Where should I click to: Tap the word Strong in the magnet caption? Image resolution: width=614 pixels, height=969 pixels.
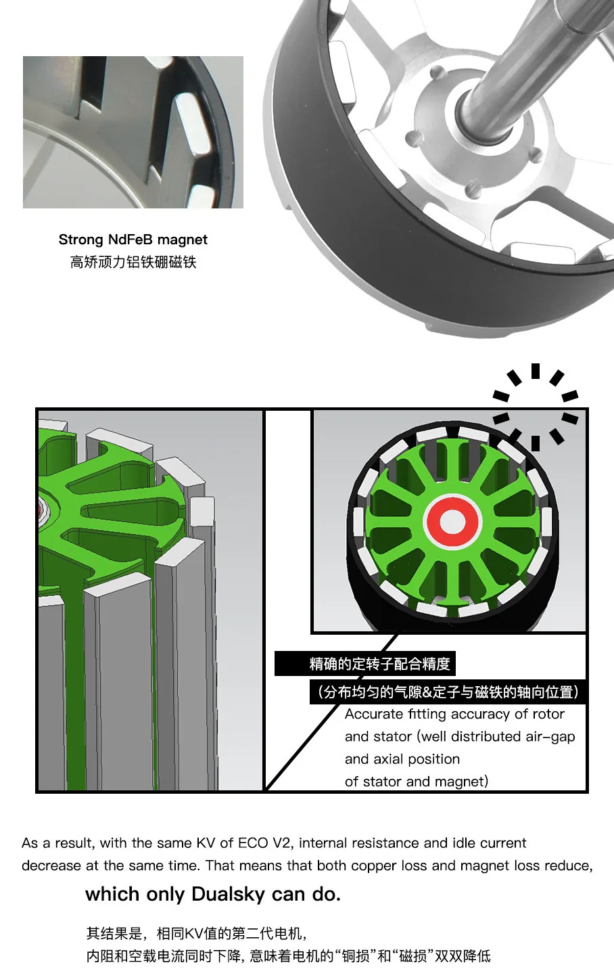tap(81, 240)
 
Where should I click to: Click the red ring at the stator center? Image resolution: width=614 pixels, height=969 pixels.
tap(452, 522)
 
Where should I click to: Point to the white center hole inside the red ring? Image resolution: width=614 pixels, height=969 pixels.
tap(452, 522)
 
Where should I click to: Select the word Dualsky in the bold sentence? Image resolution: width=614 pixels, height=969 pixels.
tap(228, 894)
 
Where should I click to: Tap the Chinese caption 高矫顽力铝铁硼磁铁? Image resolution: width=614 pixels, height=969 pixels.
tap(133, 262)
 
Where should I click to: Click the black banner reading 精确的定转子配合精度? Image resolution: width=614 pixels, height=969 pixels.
tap(365, 664)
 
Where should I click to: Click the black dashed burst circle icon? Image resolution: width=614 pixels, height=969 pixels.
tap(536, 407)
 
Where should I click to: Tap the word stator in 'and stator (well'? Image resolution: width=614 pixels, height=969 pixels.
tap(392, 737)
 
